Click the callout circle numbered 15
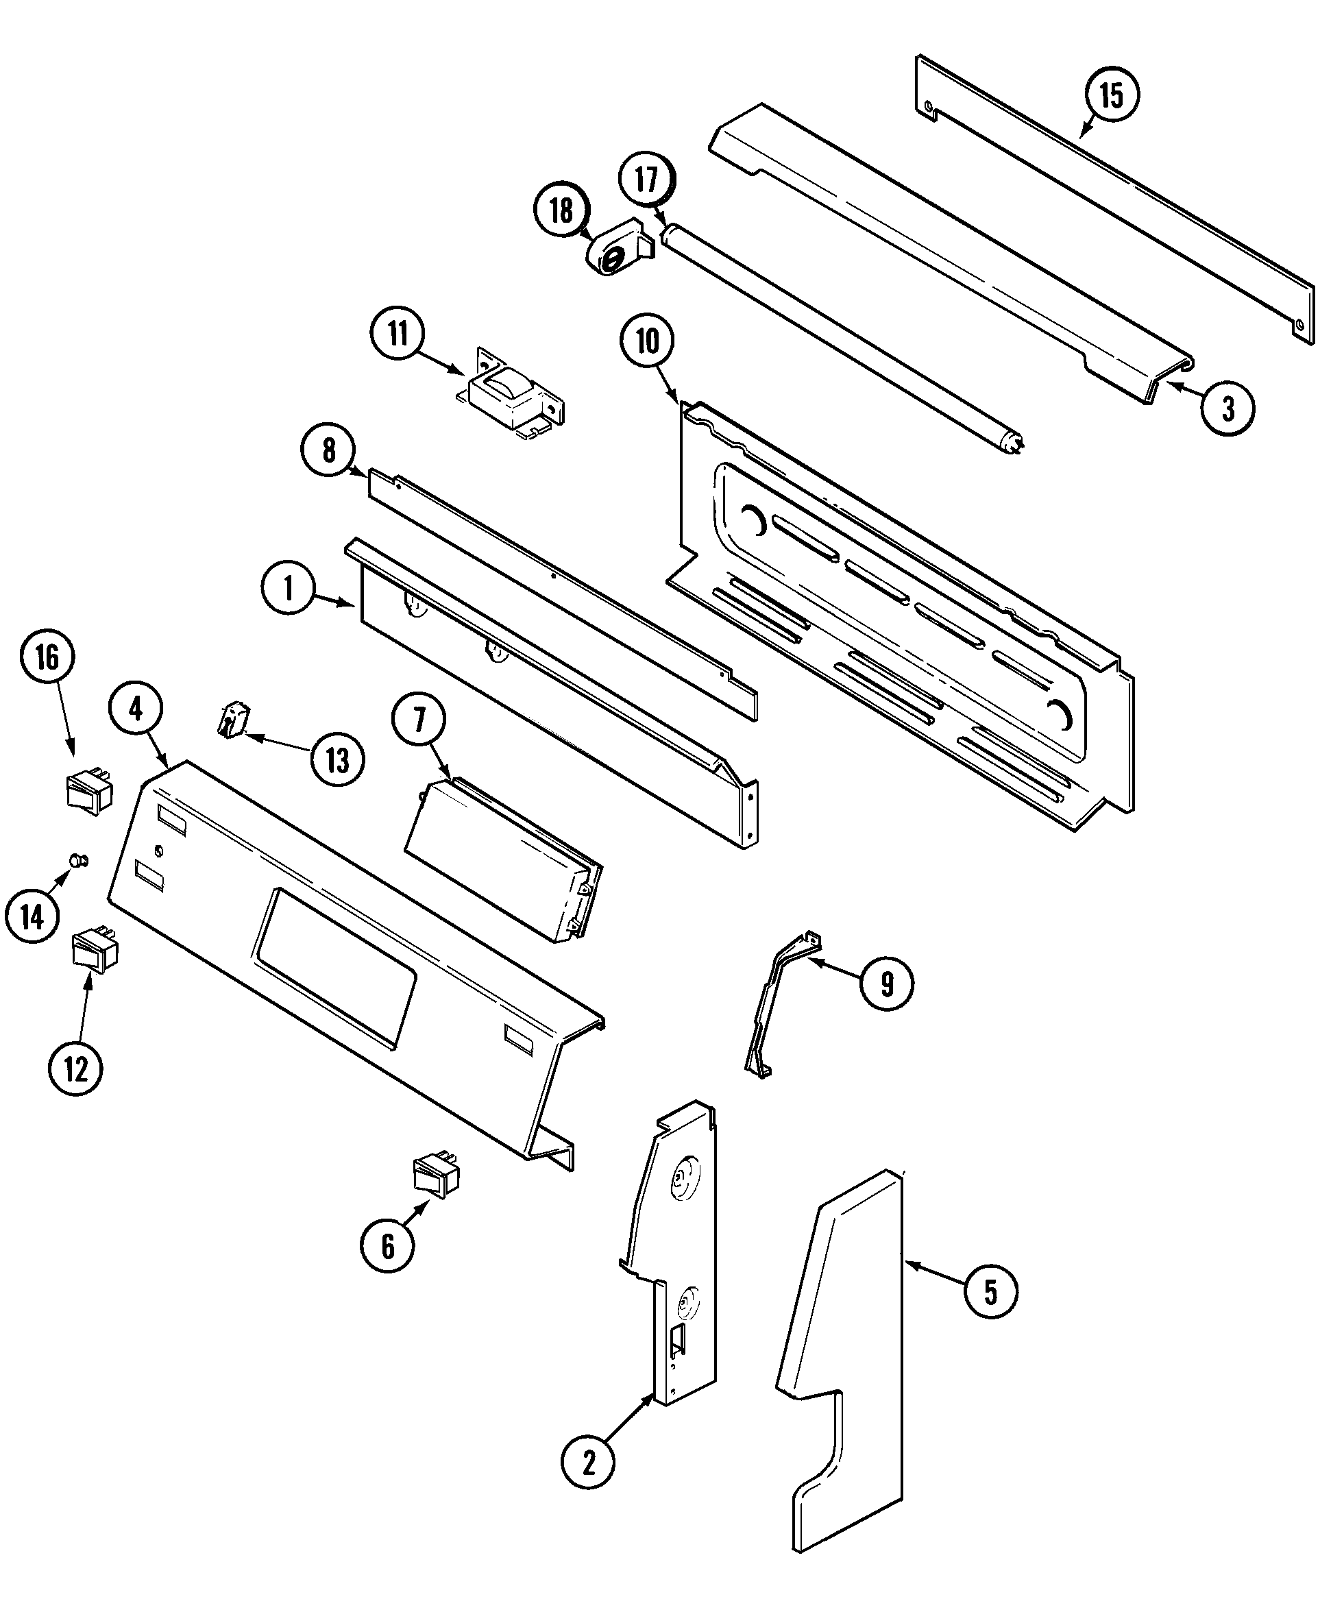pyautogui.click(x=1111, y=95)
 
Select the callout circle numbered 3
pyautogui.click(x=1227, y=408)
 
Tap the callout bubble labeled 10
pyautogui.click(x=647, y=341)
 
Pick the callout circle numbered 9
pyautogui.click(x=887, y=984)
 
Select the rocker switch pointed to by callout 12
pyautogui.click(x=95, y=949)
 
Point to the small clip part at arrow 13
pyautogui.click(x=233, y=720)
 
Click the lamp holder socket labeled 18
pyautogui.click(x=615, y=252)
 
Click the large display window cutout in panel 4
pyautogui.click(x=335, y=968)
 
